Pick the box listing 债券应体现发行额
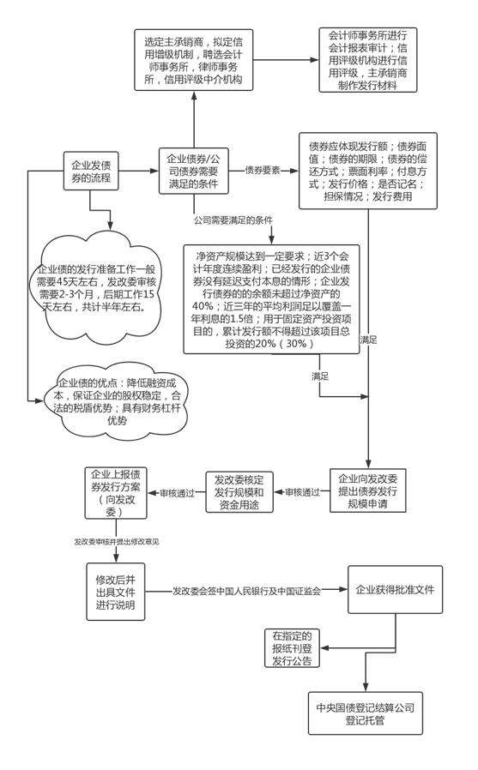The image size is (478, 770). tap(367, 171)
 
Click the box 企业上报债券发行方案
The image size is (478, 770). tap(110, 493)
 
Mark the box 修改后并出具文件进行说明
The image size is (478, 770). tap(110, 592)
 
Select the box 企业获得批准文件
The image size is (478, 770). tap(394, 591)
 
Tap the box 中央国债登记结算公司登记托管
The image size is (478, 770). tap(366, 714)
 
